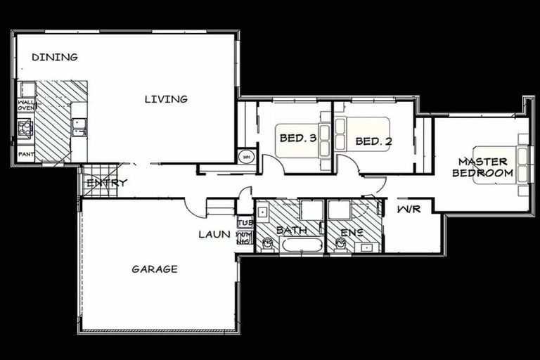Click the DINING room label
55,57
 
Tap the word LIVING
166,99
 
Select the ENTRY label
107,184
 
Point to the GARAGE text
155,269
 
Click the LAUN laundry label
214,234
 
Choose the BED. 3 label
297,138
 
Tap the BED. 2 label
373,141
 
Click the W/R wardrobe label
406,210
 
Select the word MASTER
482,162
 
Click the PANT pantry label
26,154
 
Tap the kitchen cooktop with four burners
26,127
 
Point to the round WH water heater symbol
246,157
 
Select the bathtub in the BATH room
301,245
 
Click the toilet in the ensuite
341,244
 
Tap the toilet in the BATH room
266,244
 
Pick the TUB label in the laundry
245,223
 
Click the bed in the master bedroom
500,166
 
